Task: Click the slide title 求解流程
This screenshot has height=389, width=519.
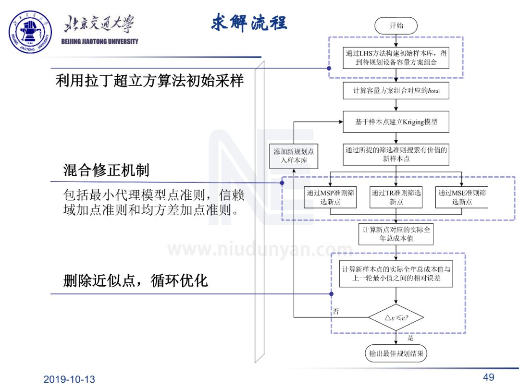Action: [249, 22]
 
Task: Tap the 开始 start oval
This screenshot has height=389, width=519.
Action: [396, 25]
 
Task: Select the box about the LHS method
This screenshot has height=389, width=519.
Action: [396, 58]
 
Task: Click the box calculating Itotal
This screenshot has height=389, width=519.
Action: [396, 91]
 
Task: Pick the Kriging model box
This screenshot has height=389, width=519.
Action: [396, 122]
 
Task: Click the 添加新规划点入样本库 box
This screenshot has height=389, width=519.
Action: [294, 156]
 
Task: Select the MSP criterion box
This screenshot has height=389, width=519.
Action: [331, 197]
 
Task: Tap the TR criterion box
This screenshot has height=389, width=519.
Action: [396, 197]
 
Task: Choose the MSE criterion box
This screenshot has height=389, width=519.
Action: [462, 197]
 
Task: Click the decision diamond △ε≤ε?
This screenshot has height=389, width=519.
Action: [396, 317]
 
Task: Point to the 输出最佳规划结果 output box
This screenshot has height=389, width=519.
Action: [396, 354]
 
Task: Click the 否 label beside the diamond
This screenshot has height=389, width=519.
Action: [336, 311]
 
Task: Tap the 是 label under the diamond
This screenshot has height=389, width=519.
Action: [410, 338]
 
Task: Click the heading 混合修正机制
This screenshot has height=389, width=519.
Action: [106, 170]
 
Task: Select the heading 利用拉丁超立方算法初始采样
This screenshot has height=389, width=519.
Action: [149, 80]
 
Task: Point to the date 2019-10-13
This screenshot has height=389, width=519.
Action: [69, 379]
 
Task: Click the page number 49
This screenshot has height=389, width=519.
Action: [489, 377]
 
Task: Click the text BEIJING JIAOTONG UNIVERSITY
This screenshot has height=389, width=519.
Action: [100, 41]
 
